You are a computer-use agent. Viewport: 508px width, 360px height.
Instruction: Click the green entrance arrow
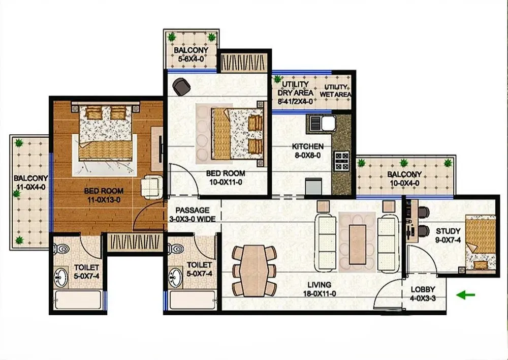(465, 295)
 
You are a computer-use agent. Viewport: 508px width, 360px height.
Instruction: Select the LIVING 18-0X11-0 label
(320, 289)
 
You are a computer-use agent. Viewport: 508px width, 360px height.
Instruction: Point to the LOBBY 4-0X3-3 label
(423, 294)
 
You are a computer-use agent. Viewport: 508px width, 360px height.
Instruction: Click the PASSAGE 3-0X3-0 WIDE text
(193, 215)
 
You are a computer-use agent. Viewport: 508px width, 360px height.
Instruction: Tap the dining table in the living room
(254, 271)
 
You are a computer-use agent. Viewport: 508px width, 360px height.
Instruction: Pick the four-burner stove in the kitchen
(341, 161)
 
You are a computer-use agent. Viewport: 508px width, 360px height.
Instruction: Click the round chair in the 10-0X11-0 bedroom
(181, 86)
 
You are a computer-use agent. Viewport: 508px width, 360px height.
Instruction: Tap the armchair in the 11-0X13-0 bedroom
(151, 187)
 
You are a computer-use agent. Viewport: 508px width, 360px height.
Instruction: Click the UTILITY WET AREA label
(335, 91)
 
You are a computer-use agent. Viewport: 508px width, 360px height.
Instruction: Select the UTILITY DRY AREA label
(295, 93)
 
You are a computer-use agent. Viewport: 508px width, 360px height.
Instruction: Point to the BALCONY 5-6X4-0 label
(191, 54)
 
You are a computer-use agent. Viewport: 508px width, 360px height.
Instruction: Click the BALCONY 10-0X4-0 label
(404, 178)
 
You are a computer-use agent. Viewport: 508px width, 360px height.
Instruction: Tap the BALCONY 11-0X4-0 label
(31, 182)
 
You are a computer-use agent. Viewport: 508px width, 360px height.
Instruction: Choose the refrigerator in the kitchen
(313, 187)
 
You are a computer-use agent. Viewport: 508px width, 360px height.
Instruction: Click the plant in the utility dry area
(277, 79)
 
